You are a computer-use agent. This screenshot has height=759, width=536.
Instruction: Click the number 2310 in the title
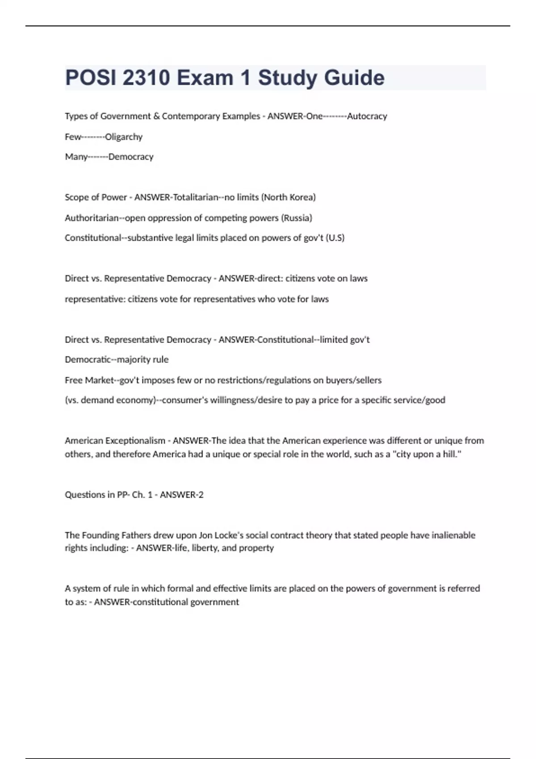coord(146,78)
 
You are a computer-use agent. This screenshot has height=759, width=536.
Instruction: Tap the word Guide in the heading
coord(354,78)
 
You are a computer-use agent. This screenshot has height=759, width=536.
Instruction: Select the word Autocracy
coord(367,116)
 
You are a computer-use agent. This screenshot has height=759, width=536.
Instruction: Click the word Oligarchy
coord(124,137)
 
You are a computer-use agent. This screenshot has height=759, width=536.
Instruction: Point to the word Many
coord(76,157)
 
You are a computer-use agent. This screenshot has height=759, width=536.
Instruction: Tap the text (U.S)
coord(335,238)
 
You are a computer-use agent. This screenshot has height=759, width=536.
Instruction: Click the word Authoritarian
coord(92,218)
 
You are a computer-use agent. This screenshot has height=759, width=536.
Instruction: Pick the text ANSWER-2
coord(182,495)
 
